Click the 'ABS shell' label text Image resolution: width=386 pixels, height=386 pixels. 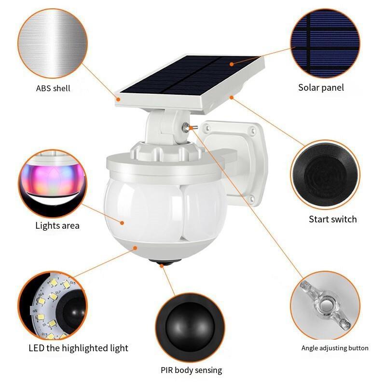53,88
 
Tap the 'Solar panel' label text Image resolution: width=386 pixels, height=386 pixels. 321,88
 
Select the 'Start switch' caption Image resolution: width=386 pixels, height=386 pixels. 332,219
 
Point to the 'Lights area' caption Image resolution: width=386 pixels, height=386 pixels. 57,226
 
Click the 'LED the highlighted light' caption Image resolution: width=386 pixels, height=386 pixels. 78,348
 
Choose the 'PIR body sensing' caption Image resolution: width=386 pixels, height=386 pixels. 191,370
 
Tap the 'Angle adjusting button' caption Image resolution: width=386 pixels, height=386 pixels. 335,348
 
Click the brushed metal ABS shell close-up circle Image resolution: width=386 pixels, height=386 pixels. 53,43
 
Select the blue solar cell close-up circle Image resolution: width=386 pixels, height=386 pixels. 325,43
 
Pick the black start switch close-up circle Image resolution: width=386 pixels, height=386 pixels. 325,175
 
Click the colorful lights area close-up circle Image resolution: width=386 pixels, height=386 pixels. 53,184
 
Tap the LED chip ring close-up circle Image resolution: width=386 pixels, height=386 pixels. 53,305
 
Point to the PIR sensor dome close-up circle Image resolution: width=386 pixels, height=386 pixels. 190,327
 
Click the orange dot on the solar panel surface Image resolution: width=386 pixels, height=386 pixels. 232,64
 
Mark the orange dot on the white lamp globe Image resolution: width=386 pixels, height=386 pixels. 122,223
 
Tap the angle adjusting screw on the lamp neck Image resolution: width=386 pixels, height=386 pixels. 188,127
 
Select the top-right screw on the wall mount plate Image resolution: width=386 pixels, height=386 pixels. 252,130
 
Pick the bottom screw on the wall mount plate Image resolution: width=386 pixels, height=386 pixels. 251,198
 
